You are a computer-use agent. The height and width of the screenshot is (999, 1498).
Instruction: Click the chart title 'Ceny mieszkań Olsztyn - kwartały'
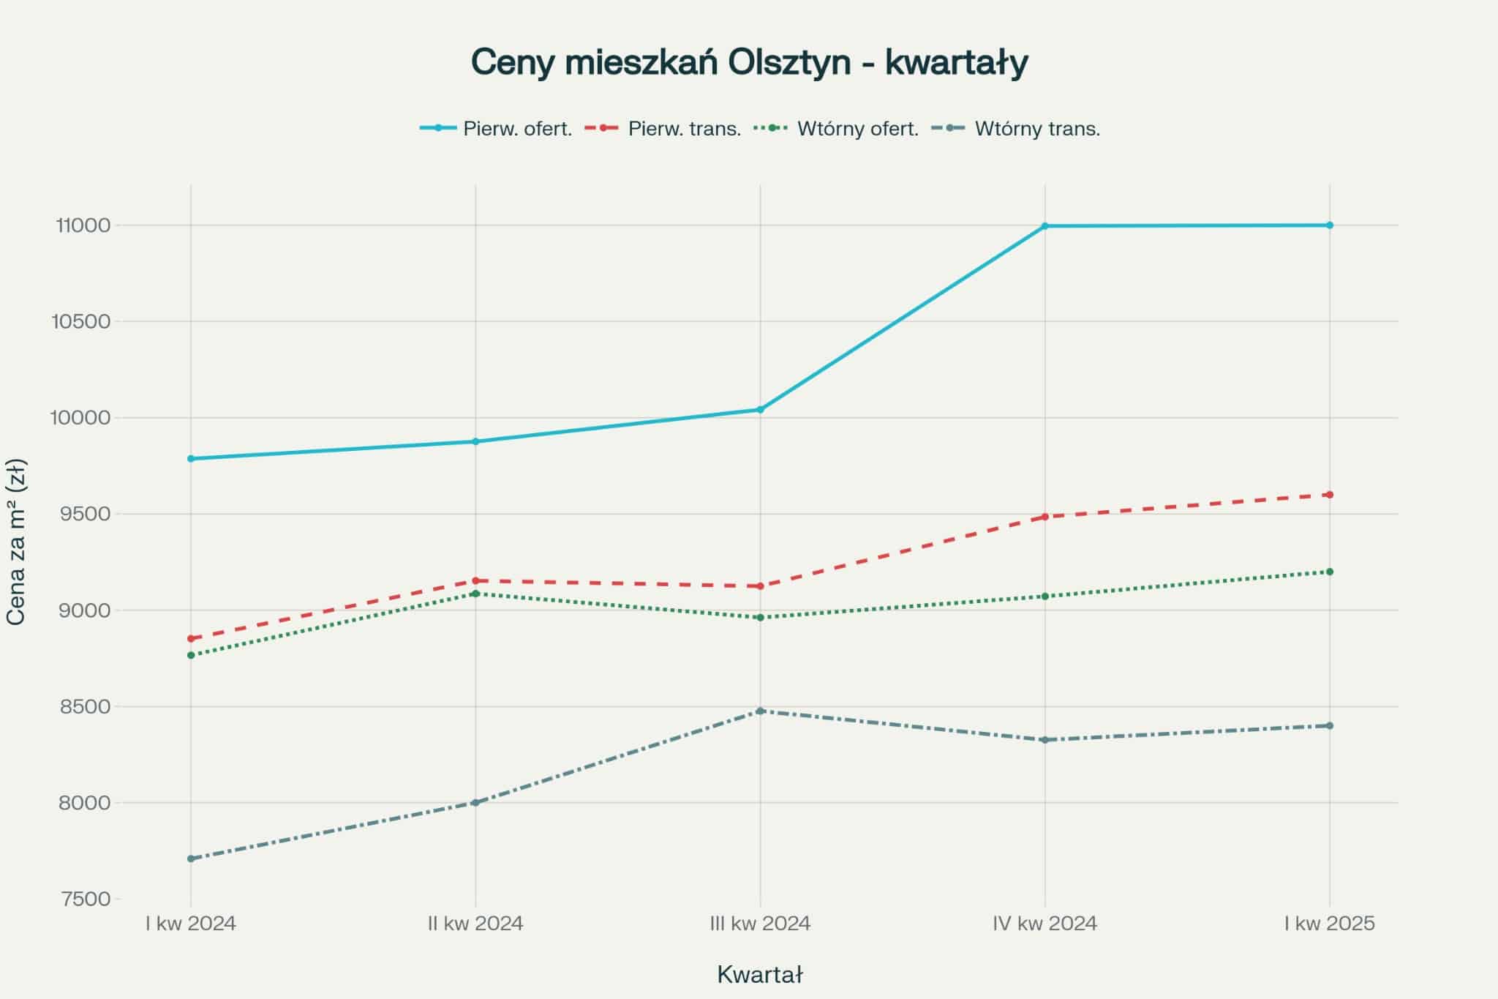click(749, 63)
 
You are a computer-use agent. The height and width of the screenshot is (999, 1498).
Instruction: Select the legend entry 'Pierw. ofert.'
click(517, 129)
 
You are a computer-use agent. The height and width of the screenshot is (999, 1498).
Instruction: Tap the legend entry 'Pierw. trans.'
click(684, 129)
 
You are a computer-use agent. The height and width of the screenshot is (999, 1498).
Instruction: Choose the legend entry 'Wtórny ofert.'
click(857, 129)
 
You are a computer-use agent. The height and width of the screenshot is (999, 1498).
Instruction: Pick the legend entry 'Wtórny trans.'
click(1036, 129)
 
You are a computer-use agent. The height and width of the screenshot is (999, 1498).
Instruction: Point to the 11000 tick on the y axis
click(83, 225)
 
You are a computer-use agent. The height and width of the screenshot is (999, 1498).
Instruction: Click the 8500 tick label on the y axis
click(83, 707)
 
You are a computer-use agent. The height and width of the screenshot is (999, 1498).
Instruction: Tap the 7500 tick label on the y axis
click(83, 899)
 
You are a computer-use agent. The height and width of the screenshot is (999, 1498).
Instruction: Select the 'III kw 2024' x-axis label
click(760, 924)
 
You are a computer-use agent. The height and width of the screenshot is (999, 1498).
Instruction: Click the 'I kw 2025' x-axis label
click(1329, 924)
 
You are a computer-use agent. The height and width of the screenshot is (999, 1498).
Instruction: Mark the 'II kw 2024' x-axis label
click(475, 924)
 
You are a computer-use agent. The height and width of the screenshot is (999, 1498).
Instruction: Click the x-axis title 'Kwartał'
click(760, 975)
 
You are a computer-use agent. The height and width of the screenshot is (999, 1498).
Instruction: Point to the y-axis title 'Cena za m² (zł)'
click(16, 542)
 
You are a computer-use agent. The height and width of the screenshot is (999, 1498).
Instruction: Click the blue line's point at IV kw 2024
click(1045, 226)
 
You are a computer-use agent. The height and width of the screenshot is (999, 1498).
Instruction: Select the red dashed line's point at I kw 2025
click(1329, 495)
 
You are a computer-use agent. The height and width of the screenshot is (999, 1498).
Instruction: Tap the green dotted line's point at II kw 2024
click(475, 594)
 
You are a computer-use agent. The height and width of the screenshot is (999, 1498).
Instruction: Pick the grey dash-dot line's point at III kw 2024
click(760, 711)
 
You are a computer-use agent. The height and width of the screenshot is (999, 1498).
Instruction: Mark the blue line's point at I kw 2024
click(191, 459)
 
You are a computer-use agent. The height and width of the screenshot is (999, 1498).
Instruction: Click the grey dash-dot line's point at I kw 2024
click(191, 858)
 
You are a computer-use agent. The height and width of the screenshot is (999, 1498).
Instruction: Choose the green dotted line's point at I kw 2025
click(1329, 572)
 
